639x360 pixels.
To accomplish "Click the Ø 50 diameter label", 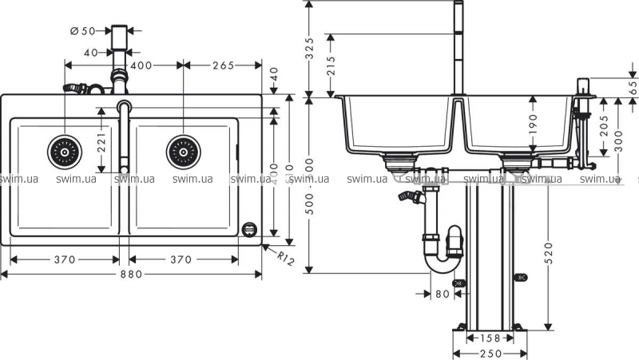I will [83, 31].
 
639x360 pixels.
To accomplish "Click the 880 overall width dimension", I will [132, 275].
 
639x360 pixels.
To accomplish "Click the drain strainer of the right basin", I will [182, 149].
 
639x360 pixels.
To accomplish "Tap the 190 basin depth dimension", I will [533, 122].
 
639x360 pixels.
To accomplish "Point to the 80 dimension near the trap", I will [443, 293].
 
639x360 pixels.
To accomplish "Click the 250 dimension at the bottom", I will [490, 354].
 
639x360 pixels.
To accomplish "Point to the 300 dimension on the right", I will [620, 136].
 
